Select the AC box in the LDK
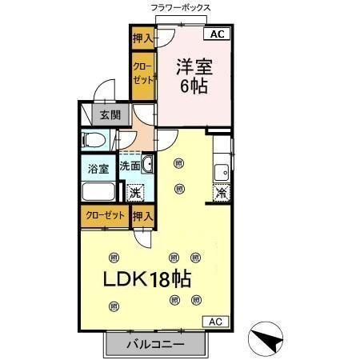[x=214, y=321]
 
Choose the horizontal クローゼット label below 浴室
[x=104, y=215]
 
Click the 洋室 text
[x=194, y=65]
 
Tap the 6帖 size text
[x=194, y=87]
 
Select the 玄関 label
[x=110, y=114]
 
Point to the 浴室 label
[x=98, y=168]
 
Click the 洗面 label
[x=130, y=166]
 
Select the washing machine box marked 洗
[x=136, y=192]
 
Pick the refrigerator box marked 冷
[x=221, y=192]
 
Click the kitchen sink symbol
[x=222, y=170]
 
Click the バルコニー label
[x=156, y=345]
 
